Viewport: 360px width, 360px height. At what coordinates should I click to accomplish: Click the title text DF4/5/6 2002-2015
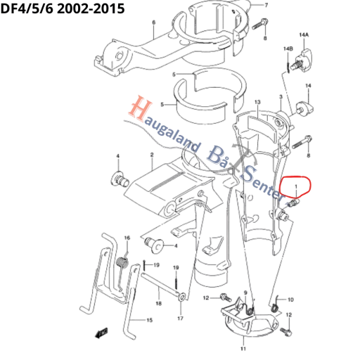(63, 8)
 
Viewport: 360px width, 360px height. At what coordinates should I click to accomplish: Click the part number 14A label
(304, 35)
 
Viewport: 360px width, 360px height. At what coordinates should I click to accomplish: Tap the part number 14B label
(288, 49)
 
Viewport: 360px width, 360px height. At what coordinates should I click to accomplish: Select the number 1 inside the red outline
(296, 186)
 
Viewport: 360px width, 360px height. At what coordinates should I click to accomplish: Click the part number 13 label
(257, 102)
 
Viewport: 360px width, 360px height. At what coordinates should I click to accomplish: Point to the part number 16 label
(127, 238)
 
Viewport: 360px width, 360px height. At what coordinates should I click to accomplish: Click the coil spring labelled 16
(122, 263)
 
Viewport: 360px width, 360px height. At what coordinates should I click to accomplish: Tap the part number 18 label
(159, 303)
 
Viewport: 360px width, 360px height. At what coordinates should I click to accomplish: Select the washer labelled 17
(182, 297)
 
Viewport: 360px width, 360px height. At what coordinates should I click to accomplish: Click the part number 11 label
(243, 349)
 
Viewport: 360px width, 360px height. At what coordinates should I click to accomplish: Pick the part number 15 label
(149, 320)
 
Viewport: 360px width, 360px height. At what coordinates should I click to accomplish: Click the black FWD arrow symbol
(101, 333)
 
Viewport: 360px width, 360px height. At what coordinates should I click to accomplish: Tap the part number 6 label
(154, 22)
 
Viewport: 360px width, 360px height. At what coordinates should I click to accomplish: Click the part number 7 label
(266, 5)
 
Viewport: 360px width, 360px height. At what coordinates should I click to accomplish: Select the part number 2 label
(152, 155)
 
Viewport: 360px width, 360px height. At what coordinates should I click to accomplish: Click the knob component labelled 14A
(302, 60)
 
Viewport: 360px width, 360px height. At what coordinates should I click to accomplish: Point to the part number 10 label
(290, 300)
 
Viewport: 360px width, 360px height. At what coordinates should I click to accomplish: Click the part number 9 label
(245, 292)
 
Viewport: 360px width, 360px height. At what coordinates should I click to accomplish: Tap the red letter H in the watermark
(140, 108)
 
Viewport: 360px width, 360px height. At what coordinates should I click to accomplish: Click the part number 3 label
(281, 96)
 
